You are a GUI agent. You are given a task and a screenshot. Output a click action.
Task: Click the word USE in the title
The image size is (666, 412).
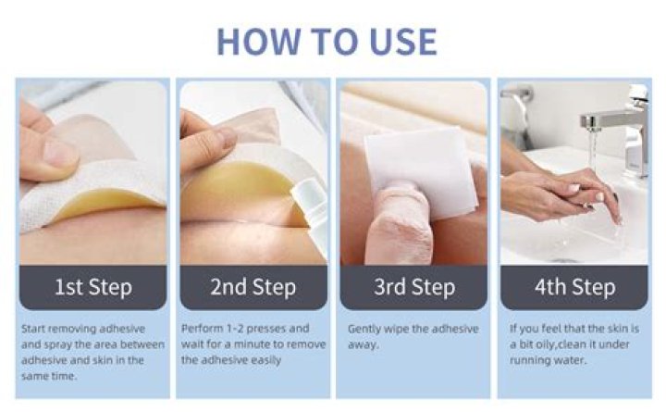click(x=403, y=42)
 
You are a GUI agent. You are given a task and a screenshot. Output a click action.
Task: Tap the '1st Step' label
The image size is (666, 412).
click(x=93, y=287)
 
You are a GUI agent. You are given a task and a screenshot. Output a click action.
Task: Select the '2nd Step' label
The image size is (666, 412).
click(x=253, y=287)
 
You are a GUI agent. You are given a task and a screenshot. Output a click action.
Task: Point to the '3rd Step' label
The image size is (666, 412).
click(x=414, y=287)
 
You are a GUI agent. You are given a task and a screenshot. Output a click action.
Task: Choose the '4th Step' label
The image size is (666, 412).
click(x=575, y=287)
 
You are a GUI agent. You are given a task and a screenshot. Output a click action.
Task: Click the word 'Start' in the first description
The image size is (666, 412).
click(x=33, y=329)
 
